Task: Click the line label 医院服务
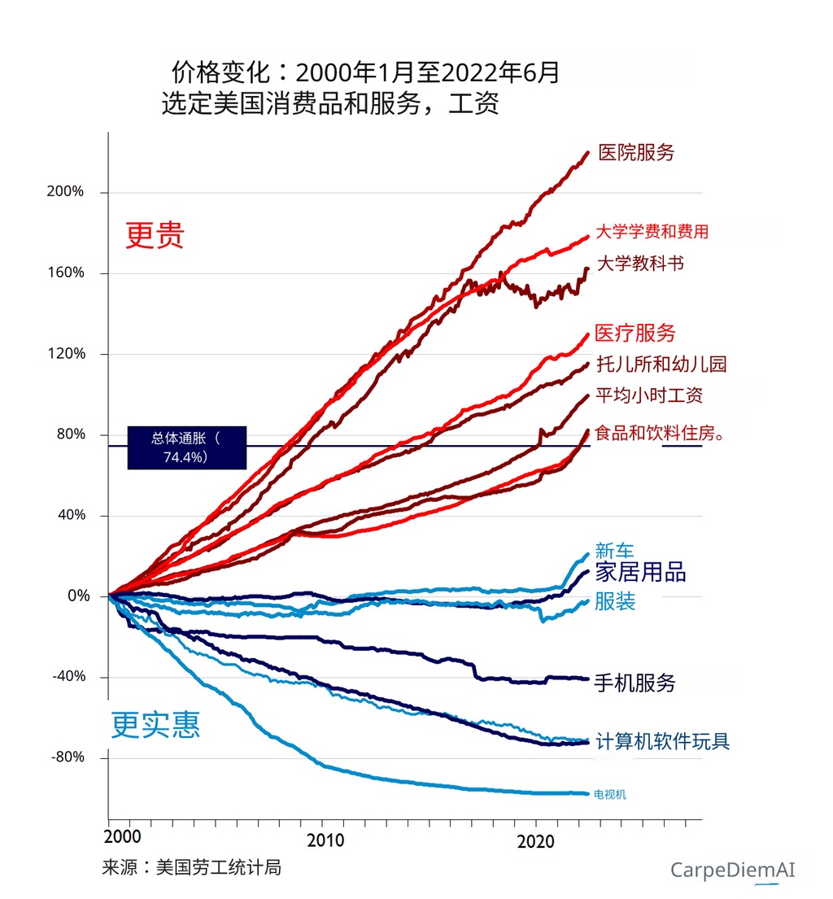pos(636,152)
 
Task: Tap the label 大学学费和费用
pos(652,232)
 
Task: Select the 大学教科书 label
pos(640,264)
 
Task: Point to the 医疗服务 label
pos(635,333)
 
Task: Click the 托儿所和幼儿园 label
pos(661,364)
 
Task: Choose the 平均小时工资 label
pos(649,395)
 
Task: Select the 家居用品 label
pos(640,572)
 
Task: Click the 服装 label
pos(615,601)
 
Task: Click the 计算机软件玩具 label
pos(662,741)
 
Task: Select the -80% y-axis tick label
pos(68,757)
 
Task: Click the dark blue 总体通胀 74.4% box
pos(186,447)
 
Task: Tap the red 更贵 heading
pos(155,235)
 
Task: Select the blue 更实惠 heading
pos(155,723)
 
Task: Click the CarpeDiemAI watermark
pos(732,870)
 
